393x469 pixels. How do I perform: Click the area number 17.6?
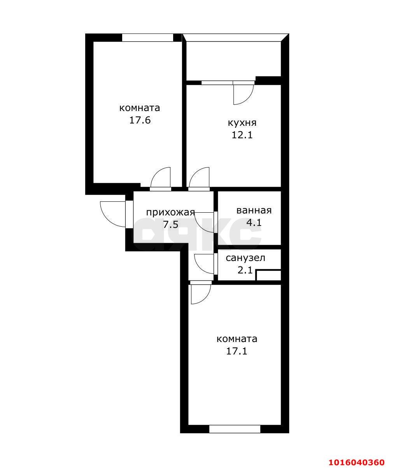140,120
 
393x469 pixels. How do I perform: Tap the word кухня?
242,123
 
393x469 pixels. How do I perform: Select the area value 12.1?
242,135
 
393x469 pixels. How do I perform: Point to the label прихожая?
170,212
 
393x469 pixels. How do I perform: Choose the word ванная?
254,211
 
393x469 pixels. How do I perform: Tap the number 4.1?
254,223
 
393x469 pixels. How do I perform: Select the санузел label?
246,258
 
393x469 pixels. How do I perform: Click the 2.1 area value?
245,270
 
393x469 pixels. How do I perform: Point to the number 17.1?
237,351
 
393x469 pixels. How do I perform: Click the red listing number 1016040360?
356,462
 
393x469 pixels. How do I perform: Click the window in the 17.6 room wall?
147,38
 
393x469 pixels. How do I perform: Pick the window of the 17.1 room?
235,429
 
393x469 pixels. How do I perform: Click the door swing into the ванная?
205,222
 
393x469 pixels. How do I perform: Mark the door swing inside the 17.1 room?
200,294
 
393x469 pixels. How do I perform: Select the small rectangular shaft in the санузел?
268,275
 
